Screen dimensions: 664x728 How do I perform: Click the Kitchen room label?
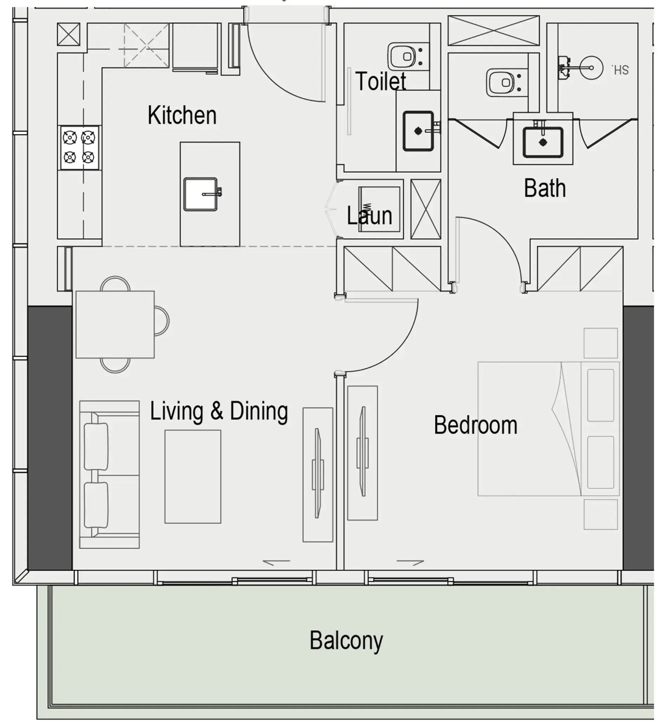[x=182, y=115]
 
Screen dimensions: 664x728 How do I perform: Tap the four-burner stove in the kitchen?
[x=79, y=147]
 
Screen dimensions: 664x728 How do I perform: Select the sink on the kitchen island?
[x=201, y=194]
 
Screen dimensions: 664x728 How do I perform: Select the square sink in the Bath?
[x=543, y=142]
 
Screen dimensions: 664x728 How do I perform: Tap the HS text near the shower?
[x=621, y=70]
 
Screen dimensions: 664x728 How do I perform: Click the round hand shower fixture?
[x=591, y=67]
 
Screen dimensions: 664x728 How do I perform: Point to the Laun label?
[x=369, y=216]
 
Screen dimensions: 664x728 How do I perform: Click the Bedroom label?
[x=476, y=425]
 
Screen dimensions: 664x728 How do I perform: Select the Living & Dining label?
[x=219, y=411]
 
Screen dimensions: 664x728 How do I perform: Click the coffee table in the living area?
[x=193, y=477]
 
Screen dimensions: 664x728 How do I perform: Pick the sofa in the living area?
[x=109, y=475]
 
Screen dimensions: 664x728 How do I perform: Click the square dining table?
[x=115, y=324]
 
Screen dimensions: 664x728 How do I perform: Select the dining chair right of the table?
[x=162, y=321]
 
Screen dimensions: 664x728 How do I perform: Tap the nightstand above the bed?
[x=601, y=343]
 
